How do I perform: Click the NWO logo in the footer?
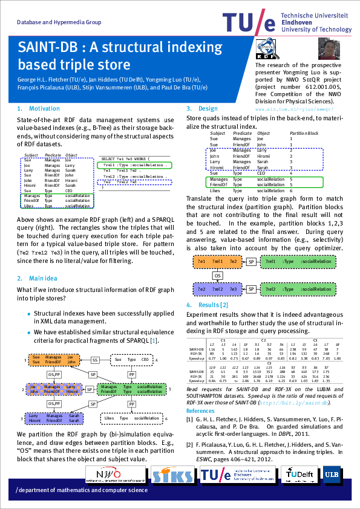pyautogui.click(x=115, y=475)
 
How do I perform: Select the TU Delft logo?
pyautogui.click(x=298, y=475)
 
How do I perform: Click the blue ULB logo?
pyautogui.click(x=332, y=475)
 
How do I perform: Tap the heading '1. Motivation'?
pyautogui.click(x=39, y=109)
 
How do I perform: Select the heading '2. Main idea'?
pyautogui.click(x=38, y=279)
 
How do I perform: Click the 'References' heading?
pyautogui.click(x=200, y=411)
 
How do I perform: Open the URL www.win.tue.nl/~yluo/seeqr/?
pyautogui.click(x=295, y=109)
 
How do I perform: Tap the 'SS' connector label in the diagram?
pyautogui.click(x=95, y=360)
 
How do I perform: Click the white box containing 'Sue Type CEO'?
pyautogui.click(x=132, y=360)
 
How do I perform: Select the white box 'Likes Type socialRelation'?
pyautogui.click(x=131, y=418)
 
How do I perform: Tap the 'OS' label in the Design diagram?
pyautogui.click(x=217, y=276)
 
